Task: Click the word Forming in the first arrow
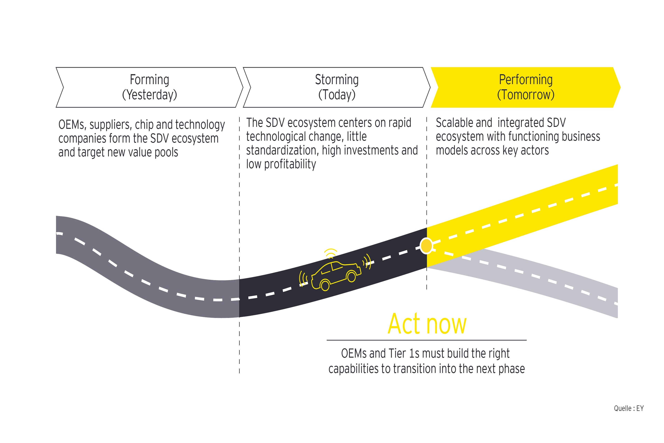149,80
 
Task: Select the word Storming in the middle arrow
337,80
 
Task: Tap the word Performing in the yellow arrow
526,80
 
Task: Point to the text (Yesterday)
149,95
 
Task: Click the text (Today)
337,95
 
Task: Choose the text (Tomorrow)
526,95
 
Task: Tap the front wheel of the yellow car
351,276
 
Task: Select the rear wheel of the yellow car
325,285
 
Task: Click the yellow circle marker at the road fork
426,246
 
